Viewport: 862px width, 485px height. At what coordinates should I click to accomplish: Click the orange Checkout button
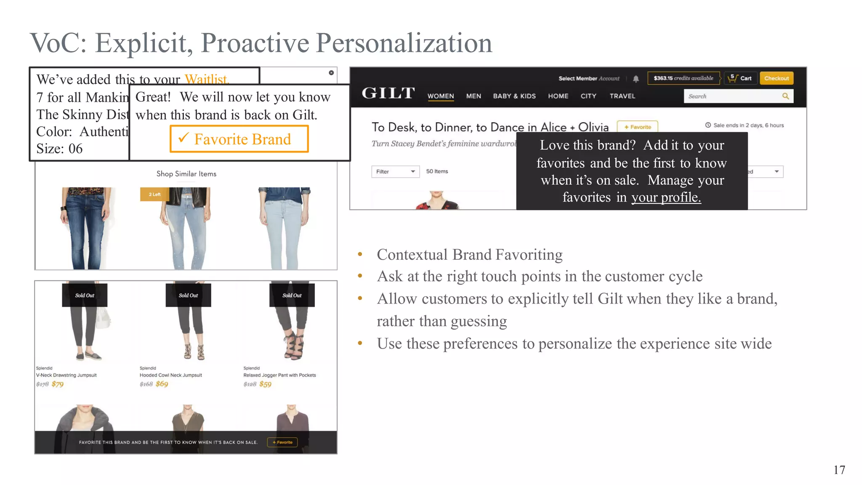pyautogui.click(x=776, y=78)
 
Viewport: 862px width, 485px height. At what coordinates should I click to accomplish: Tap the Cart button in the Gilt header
pyautogui.click(x=741, y=78)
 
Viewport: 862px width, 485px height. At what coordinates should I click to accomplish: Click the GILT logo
pyautogui.click(x=388, y=93)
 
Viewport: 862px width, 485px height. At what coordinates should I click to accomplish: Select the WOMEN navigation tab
pyautogui.click(x=441, y=96)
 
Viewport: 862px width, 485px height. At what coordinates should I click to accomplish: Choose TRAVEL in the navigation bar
pyautogui.click(x=622, y=96)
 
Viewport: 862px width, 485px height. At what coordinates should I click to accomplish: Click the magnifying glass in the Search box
pyautogui.click(x=785, y=96)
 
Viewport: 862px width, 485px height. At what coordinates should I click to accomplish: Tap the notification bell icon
pyautogui.click(x=636, y=79)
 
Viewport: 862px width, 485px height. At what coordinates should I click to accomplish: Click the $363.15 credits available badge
pyautogui.click(x=683, y=78)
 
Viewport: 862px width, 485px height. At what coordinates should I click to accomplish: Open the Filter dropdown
pyautogui.click(x=395, y=171)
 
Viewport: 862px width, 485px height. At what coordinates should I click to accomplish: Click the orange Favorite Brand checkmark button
pyautogui.click(x=239, y=139)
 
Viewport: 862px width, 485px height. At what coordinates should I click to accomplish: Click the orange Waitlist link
pyautogui.click(x=207, y=79)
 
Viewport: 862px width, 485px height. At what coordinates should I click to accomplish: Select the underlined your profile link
pyautogui.click(x=666, y=197)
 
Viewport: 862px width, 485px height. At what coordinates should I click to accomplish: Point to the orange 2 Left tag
pyautogui.click(x=154, y=194)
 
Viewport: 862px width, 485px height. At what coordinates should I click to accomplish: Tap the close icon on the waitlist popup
pyautogui.click(x=331, y=73)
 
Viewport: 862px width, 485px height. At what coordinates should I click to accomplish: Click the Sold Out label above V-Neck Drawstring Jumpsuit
pyautogui.click(x=85, y=295)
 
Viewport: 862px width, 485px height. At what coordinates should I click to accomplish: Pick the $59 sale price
pyautogui.click(x=265, y=384)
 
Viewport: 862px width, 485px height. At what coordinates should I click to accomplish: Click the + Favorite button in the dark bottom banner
pyautogui.click(x=282, y=442)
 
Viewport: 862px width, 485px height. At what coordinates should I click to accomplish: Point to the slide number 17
pyautogui.click(x=839, y=470)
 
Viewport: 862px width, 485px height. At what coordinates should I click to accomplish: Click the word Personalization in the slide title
pyautogui.click(x=404, y=43)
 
